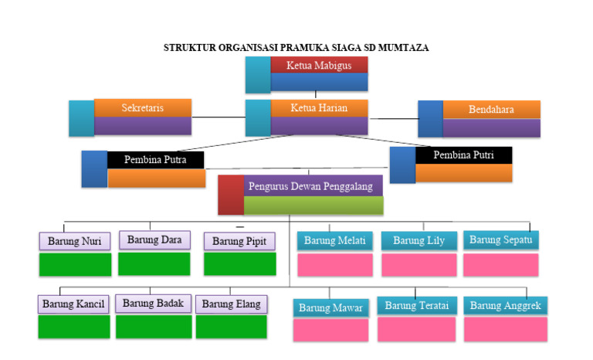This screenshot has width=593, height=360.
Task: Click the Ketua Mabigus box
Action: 319,66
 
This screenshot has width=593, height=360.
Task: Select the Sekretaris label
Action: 143,108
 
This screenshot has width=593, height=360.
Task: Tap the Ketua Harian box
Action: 319,108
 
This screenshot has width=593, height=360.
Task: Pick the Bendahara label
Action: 491,110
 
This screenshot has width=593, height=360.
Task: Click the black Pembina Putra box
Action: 156,161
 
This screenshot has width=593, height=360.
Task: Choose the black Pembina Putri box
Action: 463,155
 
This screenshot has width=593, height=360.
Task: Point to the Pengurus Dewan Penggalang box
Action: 310,186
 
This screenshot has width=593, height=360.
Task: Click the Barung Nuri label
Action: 75,241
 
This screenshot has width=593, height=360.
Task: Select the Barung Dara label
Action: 154,240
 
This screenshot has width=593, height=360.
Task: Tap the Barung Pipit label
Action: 239,241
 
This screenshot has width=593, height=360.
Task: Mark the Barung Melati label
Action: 334,241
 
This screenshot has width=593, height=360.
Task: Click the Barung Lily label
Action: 418,241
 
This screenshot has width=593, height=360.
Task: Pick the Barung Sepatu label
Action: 501,240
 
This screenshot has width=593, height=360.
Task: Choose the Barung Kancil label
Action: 73,304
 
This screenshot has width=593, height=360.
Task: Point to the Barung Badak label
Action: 153,303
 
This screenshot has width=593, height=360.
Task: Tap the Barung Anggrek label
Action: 506,306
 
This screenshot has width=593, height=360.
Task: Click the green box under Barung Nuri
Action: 75,264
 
